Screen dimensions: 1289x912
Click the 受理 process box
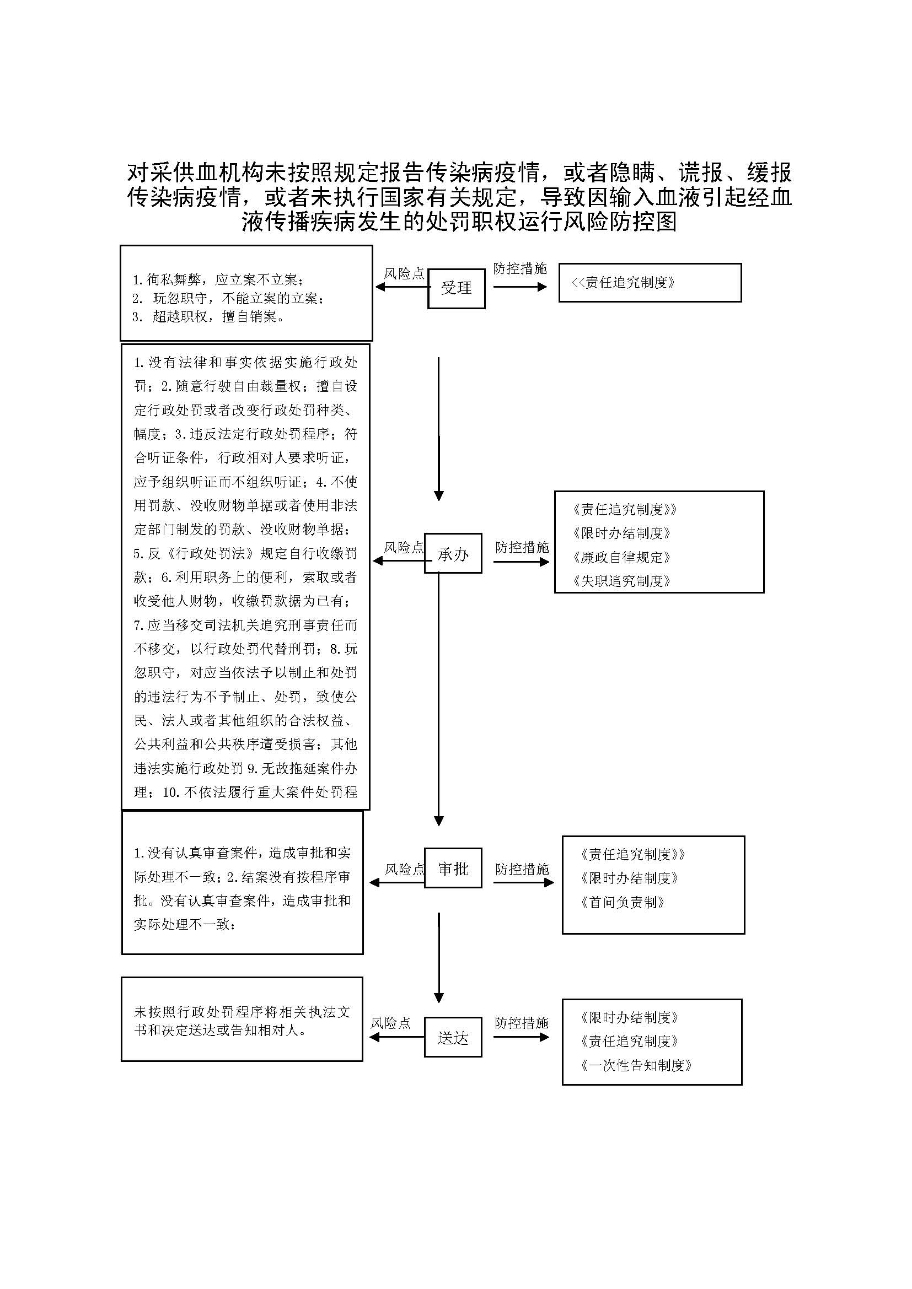(456, 289)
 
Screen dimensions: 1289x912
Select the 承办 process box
(453, 553)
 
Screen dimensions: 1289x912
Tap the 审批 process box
(453, 869)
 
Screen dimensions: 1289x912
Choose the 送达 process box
(453, 1038)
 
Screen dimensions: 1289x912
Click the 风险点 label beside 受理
(404, 274)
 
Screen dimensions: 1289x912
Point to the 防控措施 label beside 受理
(520, 269)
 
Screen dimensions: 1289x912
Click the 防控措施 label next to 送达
(522, 1023)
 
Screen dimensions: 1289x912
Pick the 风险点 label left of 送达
(391, 1023)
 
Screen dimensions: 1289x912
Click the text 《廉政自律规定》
(621, 557)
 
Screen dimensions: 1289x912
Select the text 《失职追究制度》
(621, 580)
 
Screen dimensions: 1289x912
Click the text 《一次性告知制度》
(636, 1065)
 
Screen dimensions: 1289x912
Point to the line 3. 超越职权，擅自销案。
(208, 317)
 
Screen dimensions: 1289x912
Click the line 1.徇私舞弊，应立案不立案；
(218, 279)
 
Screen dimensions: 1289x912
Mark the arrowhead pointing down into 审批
(439, 821)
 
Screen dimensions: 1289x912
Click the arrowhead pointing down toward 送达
(439, 997)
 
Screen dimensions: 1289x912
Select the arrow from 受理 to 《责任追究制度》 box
(520, 287)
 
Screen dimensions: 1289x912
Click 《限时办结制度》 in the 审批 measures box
(630, 878)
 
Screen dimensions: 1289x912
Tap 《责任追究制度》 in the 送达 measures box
(630, 1042)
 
